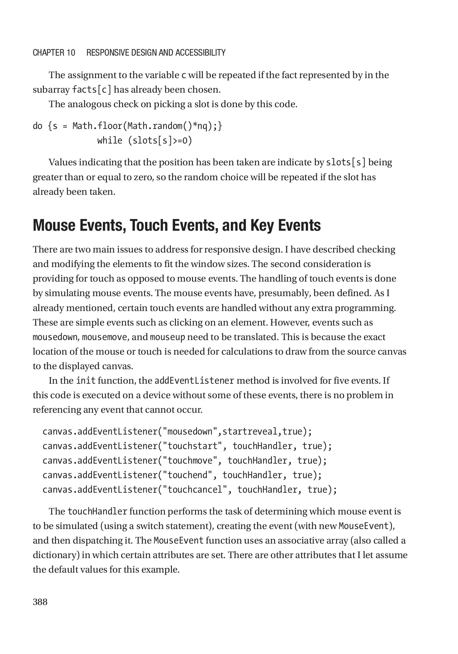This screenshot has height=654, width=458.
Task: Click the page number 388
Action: tap(40, 602)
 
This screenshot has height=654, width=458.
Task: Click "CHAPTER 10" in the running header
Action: tap(54, 53)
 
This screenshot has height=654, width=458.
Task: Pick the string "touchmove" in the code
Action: tap(189, 461)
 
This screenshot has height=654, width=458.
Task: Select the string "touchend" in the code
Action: tap(187, 475)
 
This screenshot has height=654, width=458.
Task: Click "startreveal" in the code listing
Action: tap(249, 432)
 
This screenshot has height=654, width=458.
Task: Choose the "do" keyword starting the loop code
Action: tap(37, 126)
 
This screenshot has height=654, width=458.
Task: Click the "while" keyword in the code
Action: tap(109, 141)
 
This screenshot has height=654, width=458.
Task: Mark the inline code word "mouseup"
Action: tap(167, 337)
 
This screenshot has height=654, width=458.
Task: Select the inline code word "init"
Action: tap(85, 381)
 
